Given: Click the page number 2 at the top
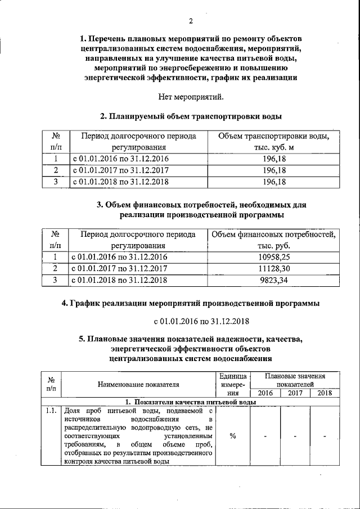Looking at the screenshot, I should [x=191, y=22].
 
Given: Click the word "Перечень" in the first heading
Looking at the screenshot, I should [x=114, y=39].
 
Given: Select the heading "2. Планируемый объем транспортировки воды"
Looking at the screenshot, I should [x=191, y=116].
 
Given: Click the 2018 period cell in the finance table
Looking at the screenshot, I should [x=119, y=280].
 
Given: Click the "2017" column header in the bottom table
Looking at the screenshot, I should [x=295, y=393].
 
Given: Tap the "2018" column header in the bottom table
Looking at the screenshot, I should [x=325, y=393].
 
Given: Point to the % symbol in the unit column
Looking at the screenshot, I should [x=232, y=436].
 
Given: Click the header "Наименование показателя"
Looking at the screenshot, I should [x=138, y=385].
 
